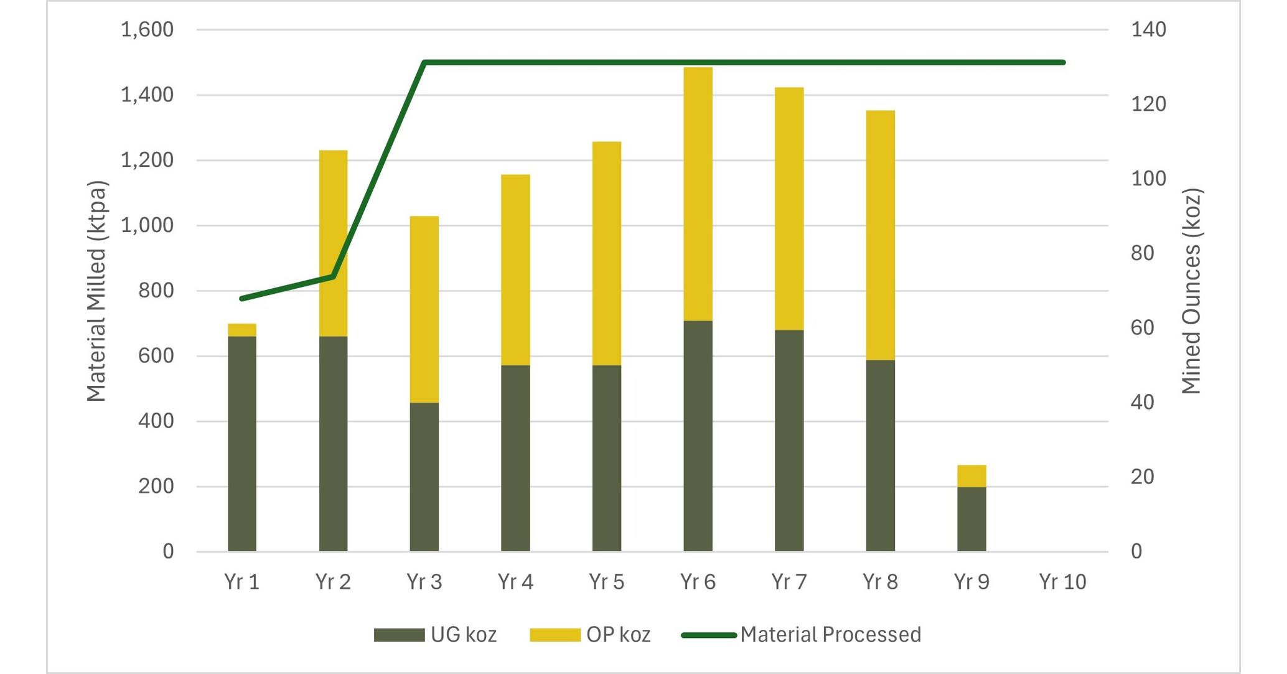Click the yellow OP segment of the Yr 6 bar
(698, 194)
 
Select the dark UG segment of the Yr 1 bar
(242, 443)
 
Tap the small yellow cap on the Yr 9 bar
(971, 476)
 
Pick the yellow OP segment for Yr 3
(424, 309)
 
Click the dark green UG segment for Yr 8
(880, 455)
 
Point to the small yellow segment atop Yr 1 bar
(242, 330)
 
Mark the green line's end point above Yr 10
(1063, 62)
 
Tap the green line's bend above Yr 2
(334, 276)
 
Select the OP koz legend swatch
(555, 635)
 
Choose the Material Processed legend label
(830, 634)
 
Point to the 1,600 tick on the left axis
(147, 29)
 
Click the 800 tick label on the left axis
(156, 291)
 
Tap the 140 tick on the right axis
(1148, 29)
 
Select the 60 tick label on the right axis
(1142, 327)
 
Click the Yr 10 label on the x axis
(1062, 582)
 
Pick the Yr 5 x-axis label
(607, 582)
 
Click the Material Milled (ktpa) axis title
(96, 291)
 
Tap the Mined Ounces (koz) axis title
(1191, 291)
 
